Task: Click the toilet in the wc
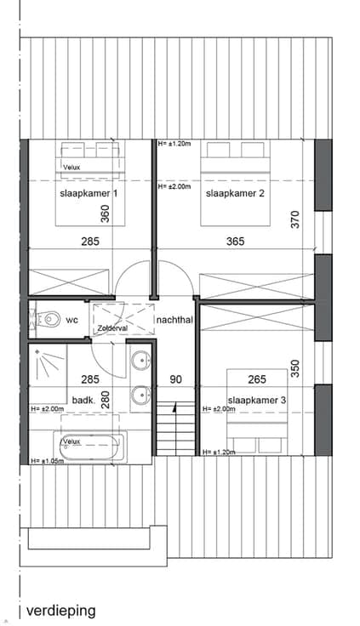[x=47, y=319]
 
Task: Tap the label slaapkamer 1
[x=89, y=194]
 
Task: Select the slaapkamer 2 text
[x=235, y=194]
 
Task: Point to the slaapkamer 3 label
[x=256, y=400]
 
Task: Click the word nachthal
[x=175, y=320]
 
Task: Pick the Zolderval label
[x=112, y=328]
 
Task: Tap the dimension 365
[x=236, y=242]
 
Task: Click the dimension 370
[x=294, y=219]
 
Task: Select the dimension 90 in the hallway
[x=176, y=378]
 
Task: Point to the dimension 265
[x=257, y=378]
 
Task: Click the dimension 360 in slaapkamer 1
[x=105, y=213]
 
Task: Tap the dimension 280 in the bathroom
[x=105, y=399]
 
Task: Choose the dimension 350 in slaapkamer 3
[x=294, y=369]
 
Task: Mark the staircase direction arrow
[x=174, y=407]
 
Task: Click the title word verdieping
[x=61, y=611]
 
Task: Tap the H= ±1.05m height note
[x=48, y=461]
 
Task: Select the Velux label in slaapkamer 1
[x=71, y=168]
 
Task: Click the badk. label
[x=83, y=400]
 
